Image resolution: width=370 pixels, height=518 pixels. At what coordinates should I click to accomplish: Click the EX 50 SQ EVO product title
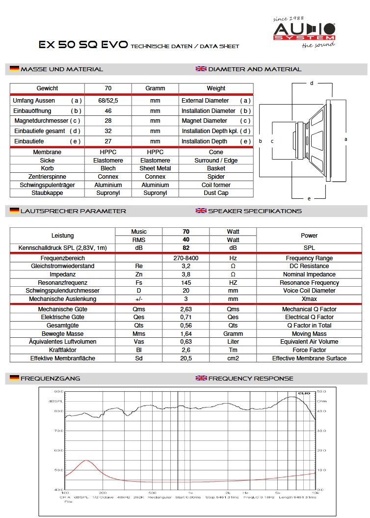(x=83, y=45)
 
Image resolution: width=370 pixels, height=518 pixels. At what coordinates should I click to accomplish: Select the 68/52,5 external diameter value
(x=108, y=101)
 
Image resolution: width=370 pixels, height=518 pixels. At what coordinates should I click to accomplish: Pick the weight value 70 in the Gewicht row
(x=108, y=88)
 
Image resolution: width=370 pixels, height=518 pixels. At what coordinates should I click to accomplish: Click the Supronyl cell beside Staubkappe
(x=108, y=193)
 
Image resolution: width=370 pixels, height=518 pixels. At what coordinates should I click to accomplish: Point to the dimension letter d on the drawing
(x=312, y=83)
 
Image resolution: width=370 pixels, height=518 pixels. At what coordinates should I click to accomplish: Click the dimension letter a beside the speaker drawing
(x=346, y=139)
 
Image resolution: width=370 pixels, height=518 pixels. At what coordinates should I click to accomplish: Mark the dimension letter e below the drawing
(x=309, y=198)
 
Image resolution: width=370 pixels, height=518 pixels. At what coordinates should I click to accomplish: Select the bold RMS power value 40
(x=186, y=240)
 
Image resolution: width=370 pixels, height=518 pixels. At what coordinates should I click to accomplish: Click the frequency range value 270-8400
(x=186, y=258)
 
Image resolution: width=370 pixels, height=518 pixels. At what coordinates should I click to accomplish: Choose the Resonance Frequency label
(x=309, y=283)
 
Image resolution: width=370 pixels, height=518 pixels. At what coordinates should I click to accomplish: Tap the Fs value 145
(x=186, y=283)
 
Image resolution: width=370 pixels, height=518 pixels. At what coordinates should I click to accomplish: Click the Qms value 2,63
(x=186, y=309)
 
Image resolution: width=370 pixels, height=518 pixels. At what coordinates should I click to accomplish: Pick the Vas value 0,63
(x=186, y=342)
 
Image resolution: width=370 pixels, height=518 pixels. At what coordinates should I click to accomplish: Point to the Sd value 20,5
(x=186, y=358)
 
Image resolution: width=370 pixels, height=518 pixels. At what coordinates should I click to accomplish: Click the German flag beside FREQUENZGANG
(x=14, y=378)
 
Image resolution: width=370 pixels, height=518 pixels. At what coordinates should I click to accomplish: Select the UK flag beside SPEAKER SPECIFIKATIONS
(x=201, y=211)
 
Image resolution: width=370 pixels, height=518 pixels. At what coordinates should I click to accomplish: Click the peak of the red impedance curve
(x=86, y=461)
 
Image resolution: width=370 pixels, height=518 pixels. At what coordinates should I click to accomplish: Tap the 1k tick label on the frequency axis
(x=190, y=492)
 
